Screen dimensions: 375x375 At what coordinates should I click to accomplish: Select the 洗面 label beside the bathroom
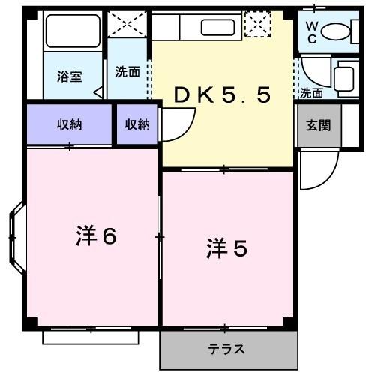(x=127, y=72)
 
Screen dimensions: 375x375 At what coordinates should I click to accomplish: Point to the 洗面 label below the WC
(x=311, y=93)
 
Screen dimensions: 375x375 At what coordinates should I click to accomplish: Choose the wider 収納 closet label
(x=70, y=124)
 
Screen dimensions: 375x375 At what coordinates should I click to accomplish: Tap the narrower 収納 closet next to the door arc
(x=136, y=124)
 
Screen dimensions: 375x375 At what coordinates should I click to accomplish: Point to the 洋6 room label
(x=95, y=237)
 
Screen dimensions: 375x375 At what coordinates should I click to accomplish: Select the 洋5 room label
(x=226, y=248)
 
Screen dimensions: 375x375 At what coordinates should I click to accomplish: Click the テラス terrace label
(x=226, y=349)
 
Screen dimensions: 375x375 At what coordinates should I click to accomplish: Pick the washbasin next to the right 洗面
(x=345, y=76)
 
